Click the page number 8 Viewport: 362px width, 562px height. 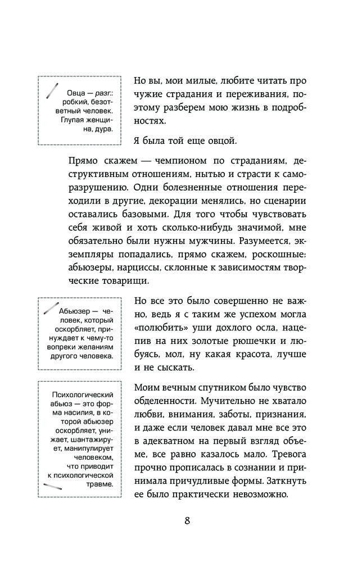187,520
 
